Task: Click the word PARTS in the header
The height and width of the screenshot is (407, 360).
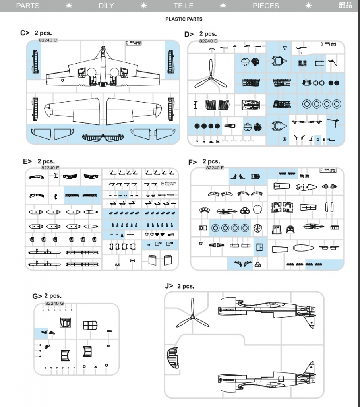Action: [28, 6]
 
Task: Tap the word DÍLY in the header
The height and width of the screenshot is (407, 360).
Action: [106, 6]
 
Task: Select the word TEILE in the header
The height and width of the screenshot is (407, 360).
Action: [183, 6]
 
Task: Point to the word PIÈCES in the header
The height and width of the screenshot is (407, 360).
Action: [266, 6]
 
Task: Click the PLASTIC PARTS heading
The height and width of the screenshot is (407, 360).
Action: [184, 19]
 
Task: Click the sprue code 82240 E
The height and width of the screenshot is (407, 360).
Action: [50, 168]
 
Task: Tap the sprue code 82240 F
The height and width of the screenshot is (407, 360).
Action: [215, 168]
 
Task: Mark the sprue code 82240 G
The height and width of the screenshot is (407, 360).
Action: [54, 303]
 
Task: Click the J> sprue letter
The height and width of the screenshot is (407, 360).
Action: [169, 286]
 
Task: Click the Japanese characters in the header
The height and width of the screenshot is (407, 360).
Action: [345, 6]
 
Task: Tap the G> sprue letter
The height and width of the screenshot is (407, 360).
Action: [37, 296]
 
